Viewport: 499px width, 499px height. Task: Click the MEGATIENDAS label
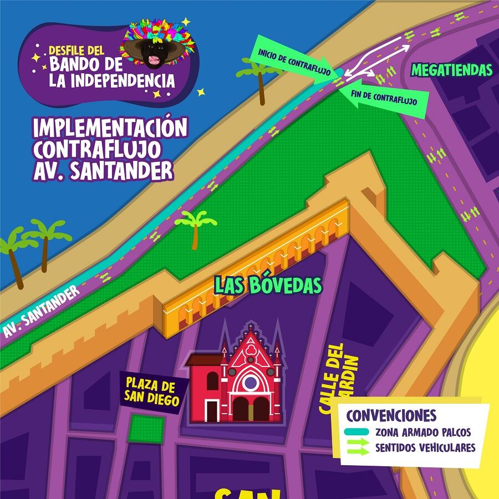tap(452, 70)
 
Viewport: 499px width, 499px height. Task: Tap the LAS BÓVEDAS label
tap(268, 285)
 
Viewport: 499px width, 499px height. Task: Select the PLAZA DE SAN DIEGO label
tap(151, 392)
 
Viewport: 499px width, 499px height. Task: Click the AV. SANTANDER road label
tap(41, 312)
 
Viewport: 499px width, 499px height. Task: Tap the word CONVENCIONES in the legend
tap(391, 415)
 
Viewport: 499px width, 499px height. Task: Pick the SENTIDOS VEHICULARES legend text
tap(425, 447)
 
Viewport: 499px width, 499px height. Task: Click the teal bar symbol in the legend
tap(356, 432)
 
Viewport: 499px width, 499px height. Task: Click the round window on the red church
tap(251, 382)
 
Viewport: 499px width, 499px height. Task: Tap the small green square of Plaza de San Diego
tap(146, 429)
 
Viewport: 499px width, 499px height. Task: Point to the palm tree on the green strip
tap(196, 228)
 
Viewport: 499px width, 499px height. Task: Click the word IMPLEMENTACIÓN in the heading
tap(110, 128)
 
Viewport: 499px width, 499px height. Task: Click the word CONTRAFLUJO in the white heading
tap(98, 149)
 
